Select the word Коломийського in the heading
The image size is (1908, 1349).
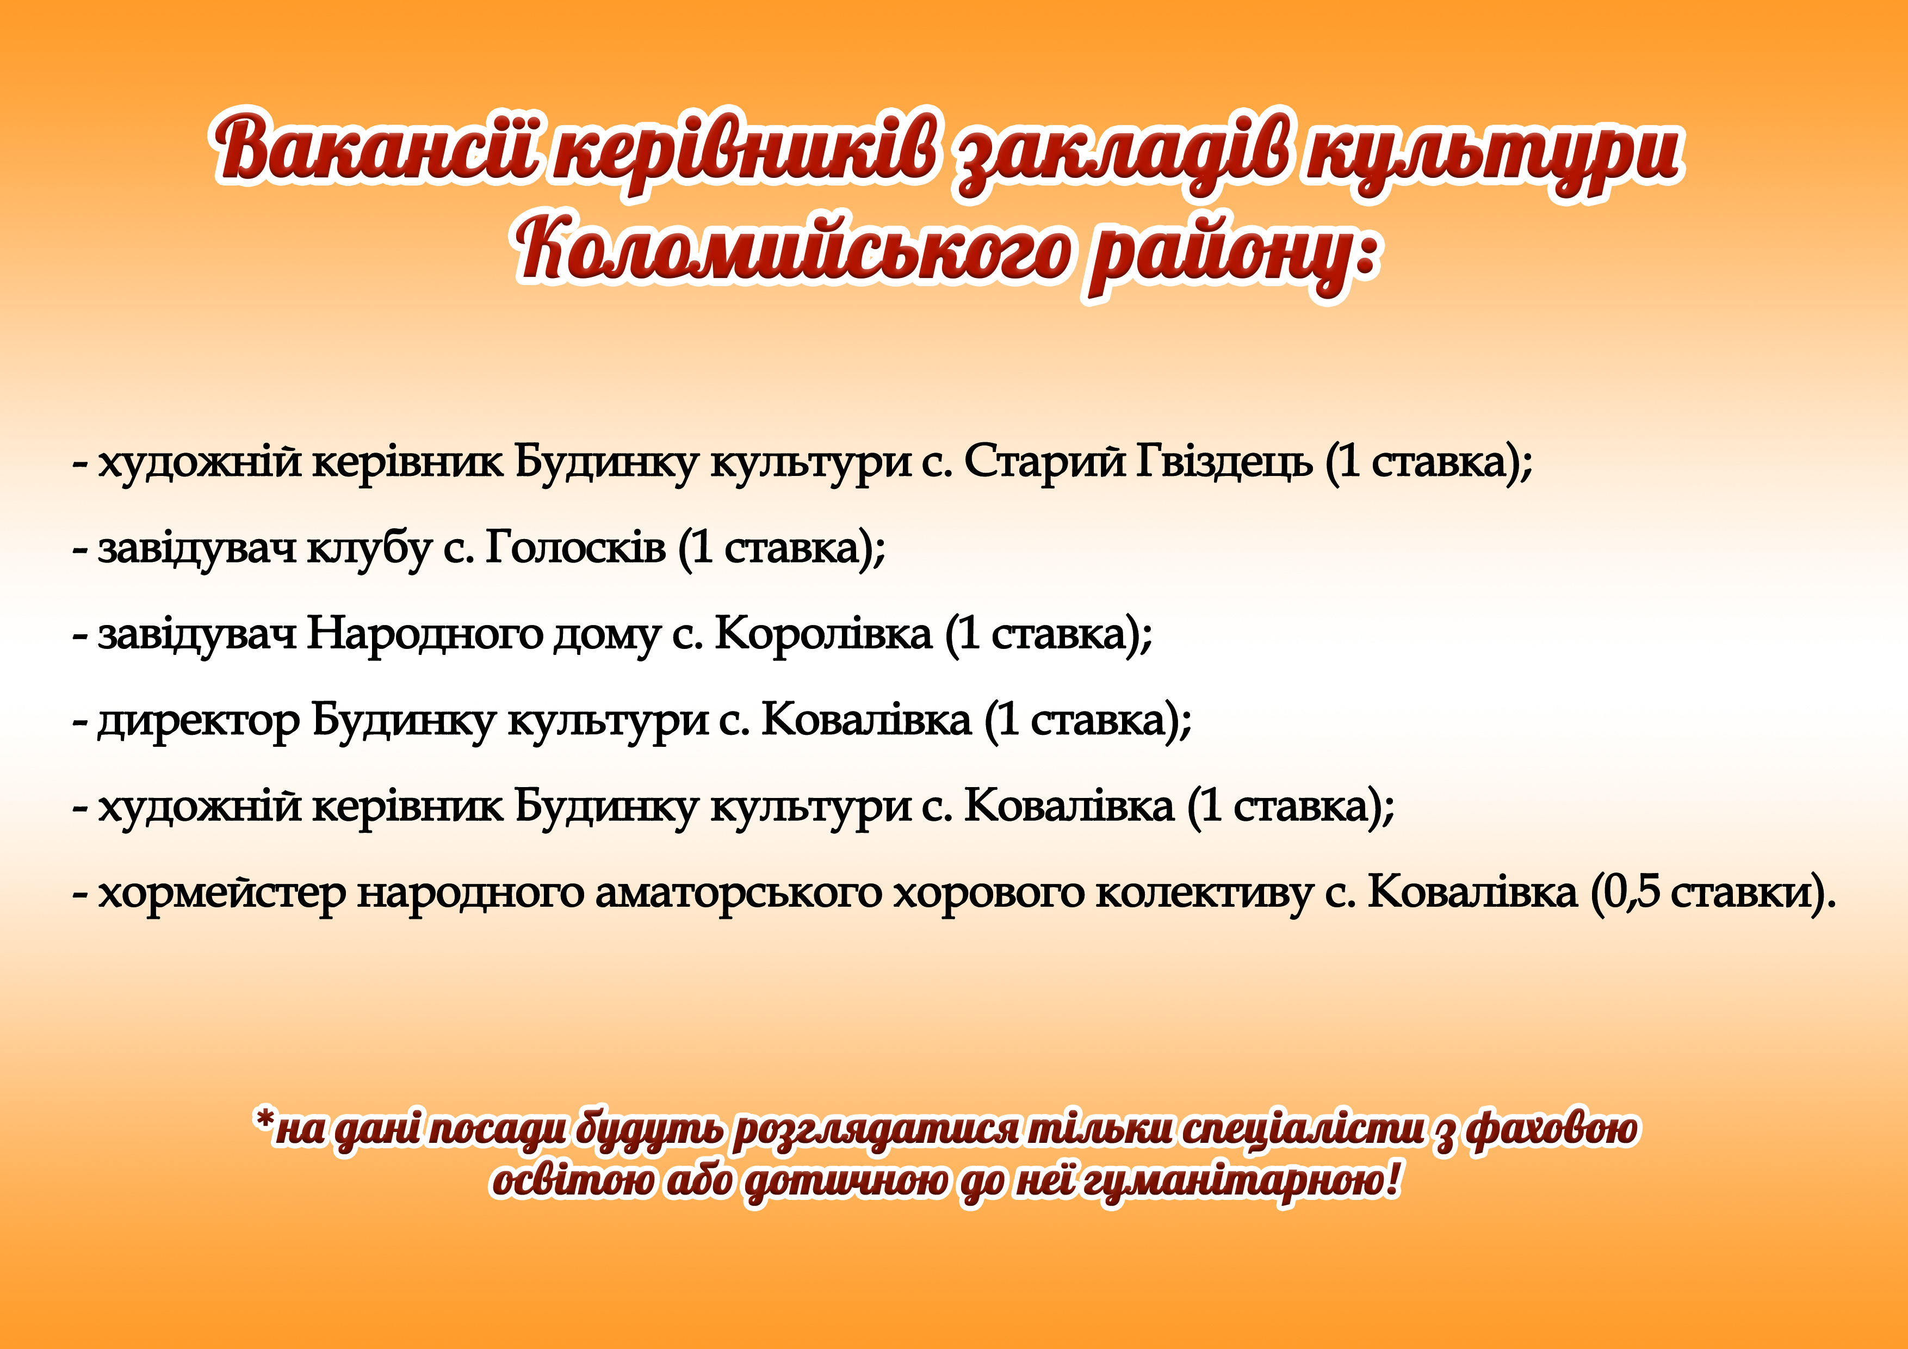coord(793,249)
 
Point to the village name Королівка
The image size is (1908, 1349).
coord(823,634)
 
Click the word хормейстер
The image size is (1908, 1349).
coord(222,894)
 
